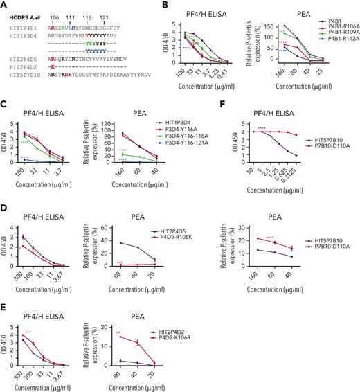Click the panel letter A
[4, 5]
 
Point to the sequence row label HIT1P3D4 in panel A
[22, 33]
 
